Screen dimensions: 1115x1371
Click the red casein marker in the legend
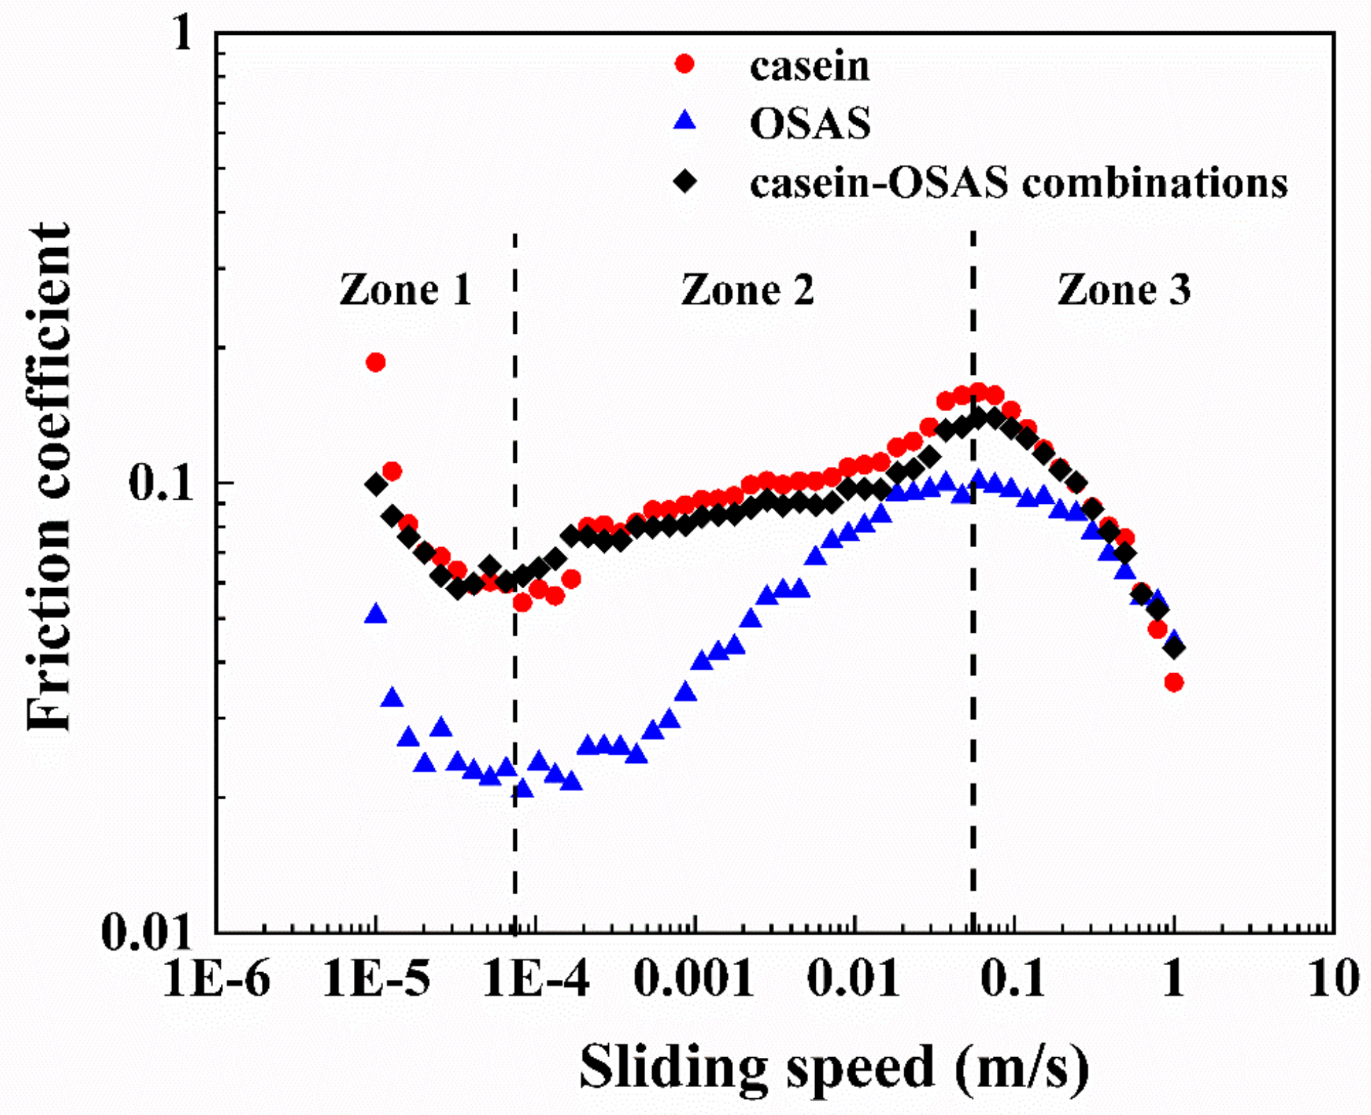(685, 64)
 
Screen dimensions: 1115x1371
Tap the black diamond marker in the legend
(685, 182)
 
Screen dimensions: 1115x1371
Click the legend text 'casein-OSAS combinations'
(1018, 183)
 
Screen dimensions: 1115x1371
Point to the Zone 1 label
(405, 289)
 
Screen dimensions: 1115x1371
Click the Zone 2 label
(748, 289)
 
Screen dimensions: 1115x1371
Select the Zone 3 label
(1124, 289)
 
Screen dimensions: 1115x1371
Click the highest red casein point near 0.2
(375, 362)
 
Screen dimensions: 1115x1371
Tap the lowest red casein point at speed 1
(1174, 682)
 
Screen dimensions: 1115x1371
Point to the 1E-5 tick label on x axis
(376, 978)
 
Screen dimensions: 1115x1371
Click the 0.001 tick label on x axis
(694, 978)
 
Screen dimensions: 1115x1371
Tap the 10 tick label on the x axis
(1333, 978)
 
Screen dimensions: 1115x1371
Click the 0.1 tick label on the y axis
(160, 483)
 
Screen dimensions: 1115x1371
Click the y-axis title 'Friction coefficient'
(49, 477)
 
